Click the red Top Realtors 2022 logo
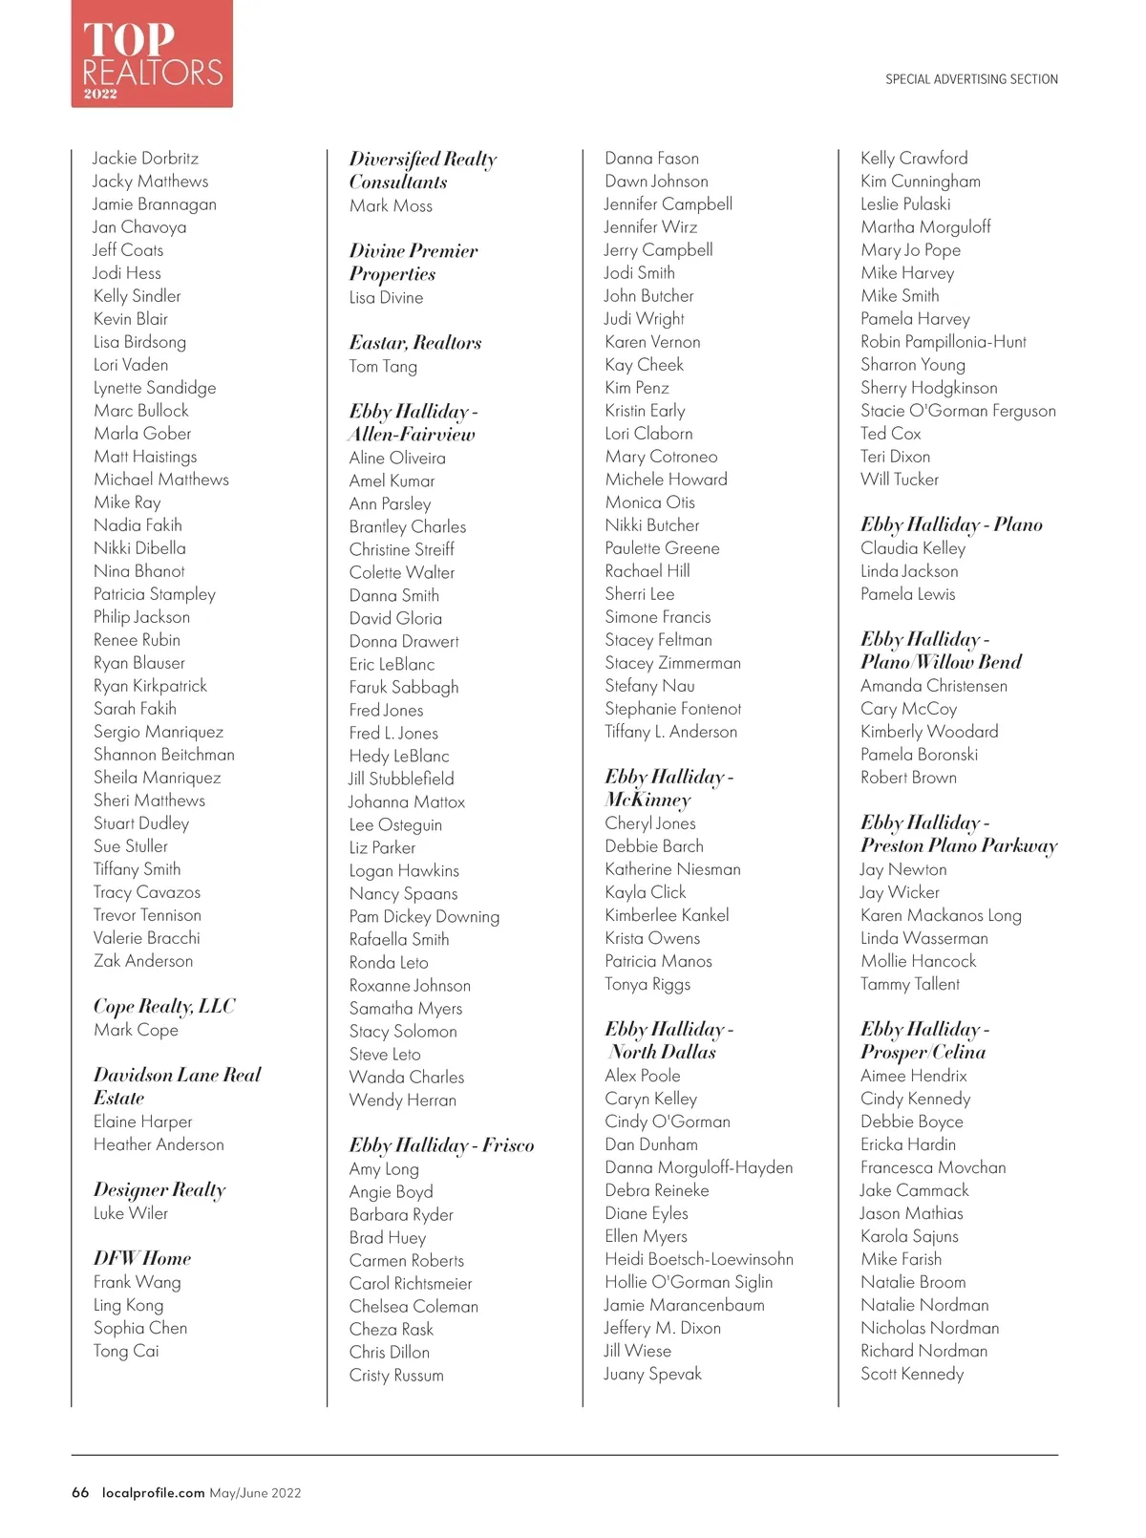click(x=152, y=53)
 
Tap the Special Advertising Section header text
click(x=971, y=79)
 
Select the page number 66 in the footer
click(x=80, y=1493)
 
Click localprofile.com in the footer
click(x=153, y=1493)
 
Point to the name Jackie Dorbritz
click(x=145, y=159)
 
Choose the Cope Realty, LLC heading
click(x=164, y=1006)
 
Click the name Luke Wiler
click(x=131, y=1213)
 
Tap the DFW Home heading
click(x=142, y=1258)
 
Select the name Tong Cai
click(x=126, y=1351)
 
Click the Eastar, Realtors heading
click(x=415, y=343)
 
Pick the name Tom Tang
click(x=383, y=367)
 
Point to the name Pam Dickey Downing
click(x=424, y=917)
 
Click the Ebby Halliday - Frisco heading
click(x=441, y=1145)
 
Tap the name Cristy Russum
click(x=396, y=1376)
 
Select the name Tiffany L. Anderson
click(x=670, y=732)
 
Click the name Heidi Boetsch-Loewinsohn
click(x=699, y=1259)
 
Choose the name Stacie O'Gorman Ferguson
click(x=958, y=411)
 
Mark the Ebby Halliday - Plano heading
click(x=951, y=524)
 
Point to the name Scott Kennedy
click(x=912, y=1374)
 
